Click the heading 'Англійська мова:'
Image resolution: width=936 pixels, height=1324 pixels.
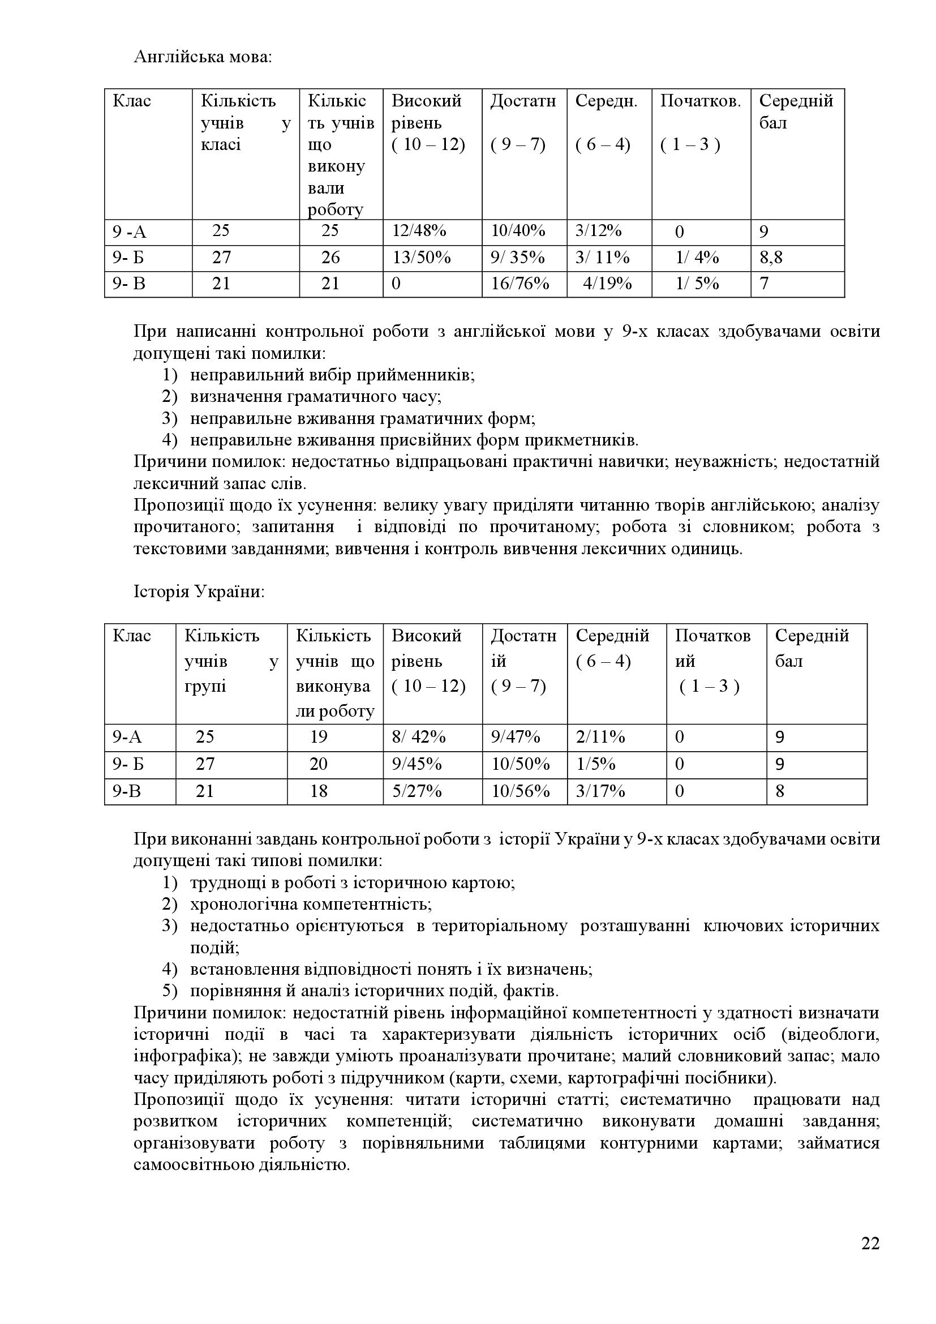[x=201, y=58]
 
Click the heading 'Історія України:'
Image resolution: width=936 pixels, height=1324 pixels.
[x=199, y=592]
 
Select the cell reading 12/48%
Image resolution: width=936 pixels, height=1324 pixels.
[x=419, y=232]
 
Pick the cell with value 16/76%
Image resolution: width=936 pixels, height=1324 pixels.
[x=520, y=284]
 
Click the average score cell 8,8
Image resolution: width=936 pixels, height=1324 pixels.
[x=771, y=257]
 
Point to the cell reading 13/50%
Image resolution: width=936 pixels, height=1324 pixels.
[x=422, y=257]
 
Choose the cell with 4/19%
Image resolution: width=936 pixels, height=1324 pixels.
[x=607, y=284]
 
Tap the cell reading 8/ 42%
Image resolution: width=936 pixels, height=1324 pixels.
[x=418, y=737]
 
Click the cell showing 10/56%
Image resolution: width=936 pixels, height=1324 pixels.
[x=521, y=791]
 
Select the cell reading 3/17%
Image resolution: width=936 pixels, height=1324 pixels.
[x=600, y=791]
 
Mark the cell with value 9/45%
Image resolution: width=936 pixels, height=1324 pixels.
[x=417, y=764]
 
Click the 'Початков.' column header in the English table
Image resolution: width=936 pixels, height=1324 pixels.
[x=700, y=101]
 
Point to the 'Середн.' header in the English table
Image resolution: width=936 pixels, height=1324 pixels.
[x=606, y=101]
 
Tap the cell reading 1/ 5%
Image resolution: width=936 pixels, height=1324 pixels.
[x=697, y=284]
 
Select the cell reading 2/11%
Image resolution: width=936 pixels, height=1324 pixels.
[x=600, y=737]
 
